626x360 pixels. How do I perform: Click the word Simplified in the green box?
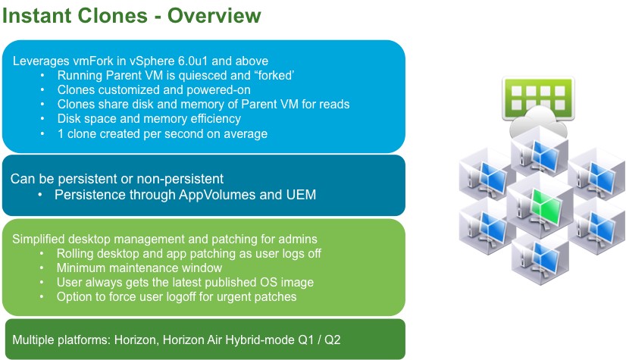click(x=39, y=239)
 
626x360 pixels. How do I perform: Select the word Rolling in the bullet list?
click(x=76, y=253)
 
